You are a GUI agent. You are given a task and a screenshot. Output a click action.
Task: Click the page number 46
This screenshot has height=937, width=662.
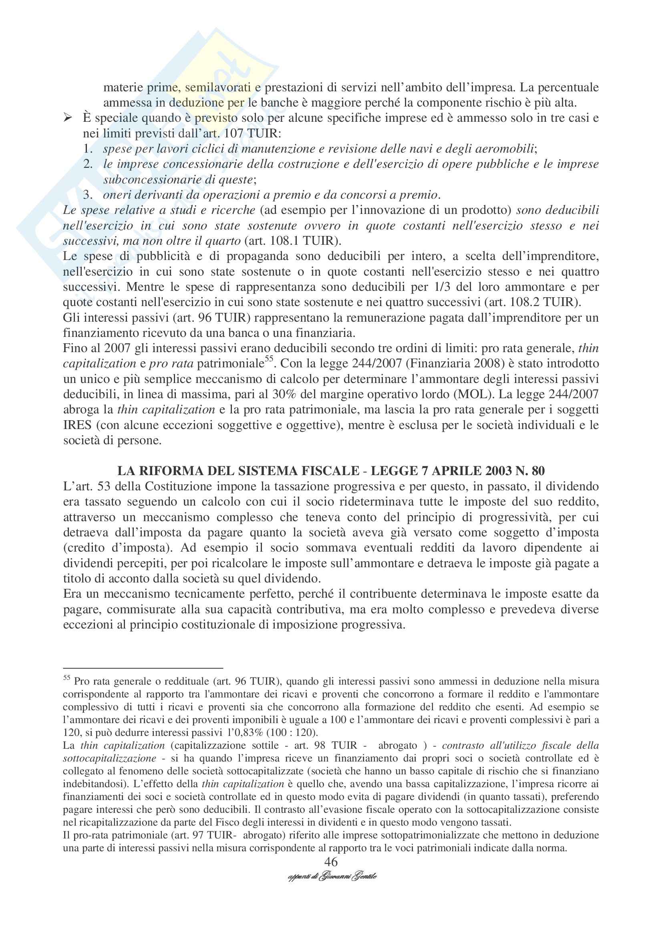331,862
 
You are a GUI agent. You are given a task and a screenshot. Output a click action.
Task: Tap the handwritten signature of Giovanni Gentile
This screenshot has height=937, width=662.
332,876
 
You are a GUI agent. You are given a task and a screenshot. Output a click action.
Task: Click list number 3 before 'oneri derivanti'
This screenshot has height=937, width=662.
88,195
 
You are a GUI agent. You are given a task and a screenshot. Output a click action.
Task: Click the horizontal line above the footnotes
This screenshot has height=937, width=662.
143,668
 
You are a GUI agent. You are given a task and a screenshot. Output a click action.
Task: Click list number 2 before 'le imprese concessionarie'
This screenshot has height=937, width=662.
88,164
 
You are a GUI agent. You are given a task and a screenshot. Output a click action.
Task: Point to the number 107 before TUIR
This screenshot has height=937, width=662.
225,134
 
